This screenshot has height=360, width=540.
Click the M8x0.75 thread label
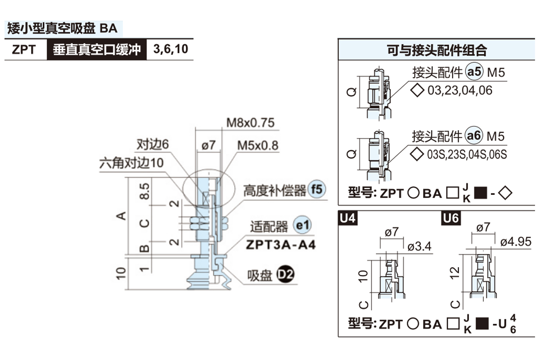coord(250,122)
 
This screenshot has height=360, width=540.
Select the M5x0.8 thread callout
coord(258,145)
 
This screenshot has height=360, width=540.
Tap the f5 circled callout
coord(316,190)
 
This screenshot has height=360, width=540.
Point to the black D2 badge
coord(284,274)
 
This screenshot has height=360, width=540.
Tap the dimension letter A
coord(121,216)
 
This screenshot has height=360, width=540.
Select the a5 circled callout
coord(474,72)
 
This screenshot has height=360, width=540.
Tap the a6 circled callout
coord(474,136)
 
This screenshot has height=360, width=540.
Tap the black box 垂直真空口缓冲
coord(97,49)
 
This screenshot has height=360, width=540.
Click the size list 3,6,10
coord(171,49)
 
